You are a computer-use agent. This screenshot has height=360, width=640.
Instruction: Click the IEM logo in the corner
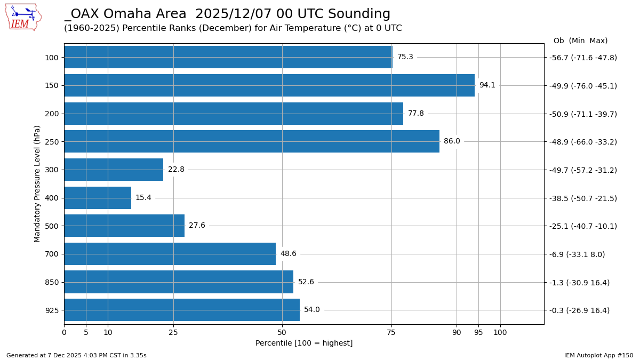tap(23, 17)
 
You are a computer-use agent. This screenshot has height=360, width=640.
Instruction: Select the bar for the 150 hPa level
tap(269, 85)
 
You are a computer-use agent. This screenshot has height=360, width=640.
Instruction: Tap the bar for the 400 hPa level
tap(98, 198)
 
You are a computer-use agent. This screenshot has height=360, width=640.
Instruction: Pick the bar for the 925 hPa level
tap(181, 310)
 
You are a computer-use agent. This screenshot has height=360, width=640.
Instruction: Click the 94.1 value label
tap(487, 85)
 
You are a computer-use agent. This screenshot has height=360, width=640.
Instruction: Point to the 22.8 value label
tap(176, 170)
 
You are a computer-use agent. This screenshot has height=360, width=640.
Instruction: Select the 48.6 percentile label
tap(288, 254)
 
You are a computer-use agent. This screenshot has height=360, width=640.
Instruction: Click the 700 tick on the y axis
tap(52, 254)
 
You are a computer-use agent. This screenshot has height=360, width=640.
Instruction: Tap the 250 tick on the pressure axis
tap(52, 142)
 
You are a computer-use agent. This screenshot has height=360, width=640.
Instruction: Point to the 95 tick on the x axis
tap(478, 333)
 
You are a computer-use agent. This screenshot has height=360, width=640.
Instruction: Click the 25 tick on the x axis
tap(173, 333)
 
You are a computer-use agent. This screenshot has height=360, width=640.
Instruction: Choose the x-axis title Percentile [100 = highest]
tap(304, 343)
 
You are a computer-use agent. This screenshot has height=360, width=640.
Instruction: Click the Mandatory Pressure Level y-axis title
tap(37, 183)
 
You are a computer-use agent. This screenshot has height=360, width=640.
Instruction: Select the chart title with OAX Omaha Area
tap(227, 14)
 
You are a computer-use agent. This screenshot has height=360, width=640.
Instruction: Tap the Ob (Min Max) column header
tap(580, 41)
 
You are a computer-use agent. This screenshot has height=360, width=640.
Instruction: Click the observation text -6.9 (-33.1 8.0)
tap(577, 254)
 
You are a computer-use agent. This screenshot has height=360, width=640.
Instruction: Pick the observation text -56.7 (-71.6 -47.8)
tap(583, 58)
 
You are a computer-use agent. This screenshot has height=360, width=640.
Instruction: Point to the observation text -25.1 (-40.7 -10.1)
tap(583, 226)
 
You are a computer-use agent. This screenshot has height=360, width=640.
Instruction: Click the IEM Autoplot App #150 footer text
tap(598, 355)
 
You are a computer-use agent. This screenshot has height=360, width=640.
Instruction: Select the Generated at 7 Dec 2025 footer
tap(76, 355)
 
